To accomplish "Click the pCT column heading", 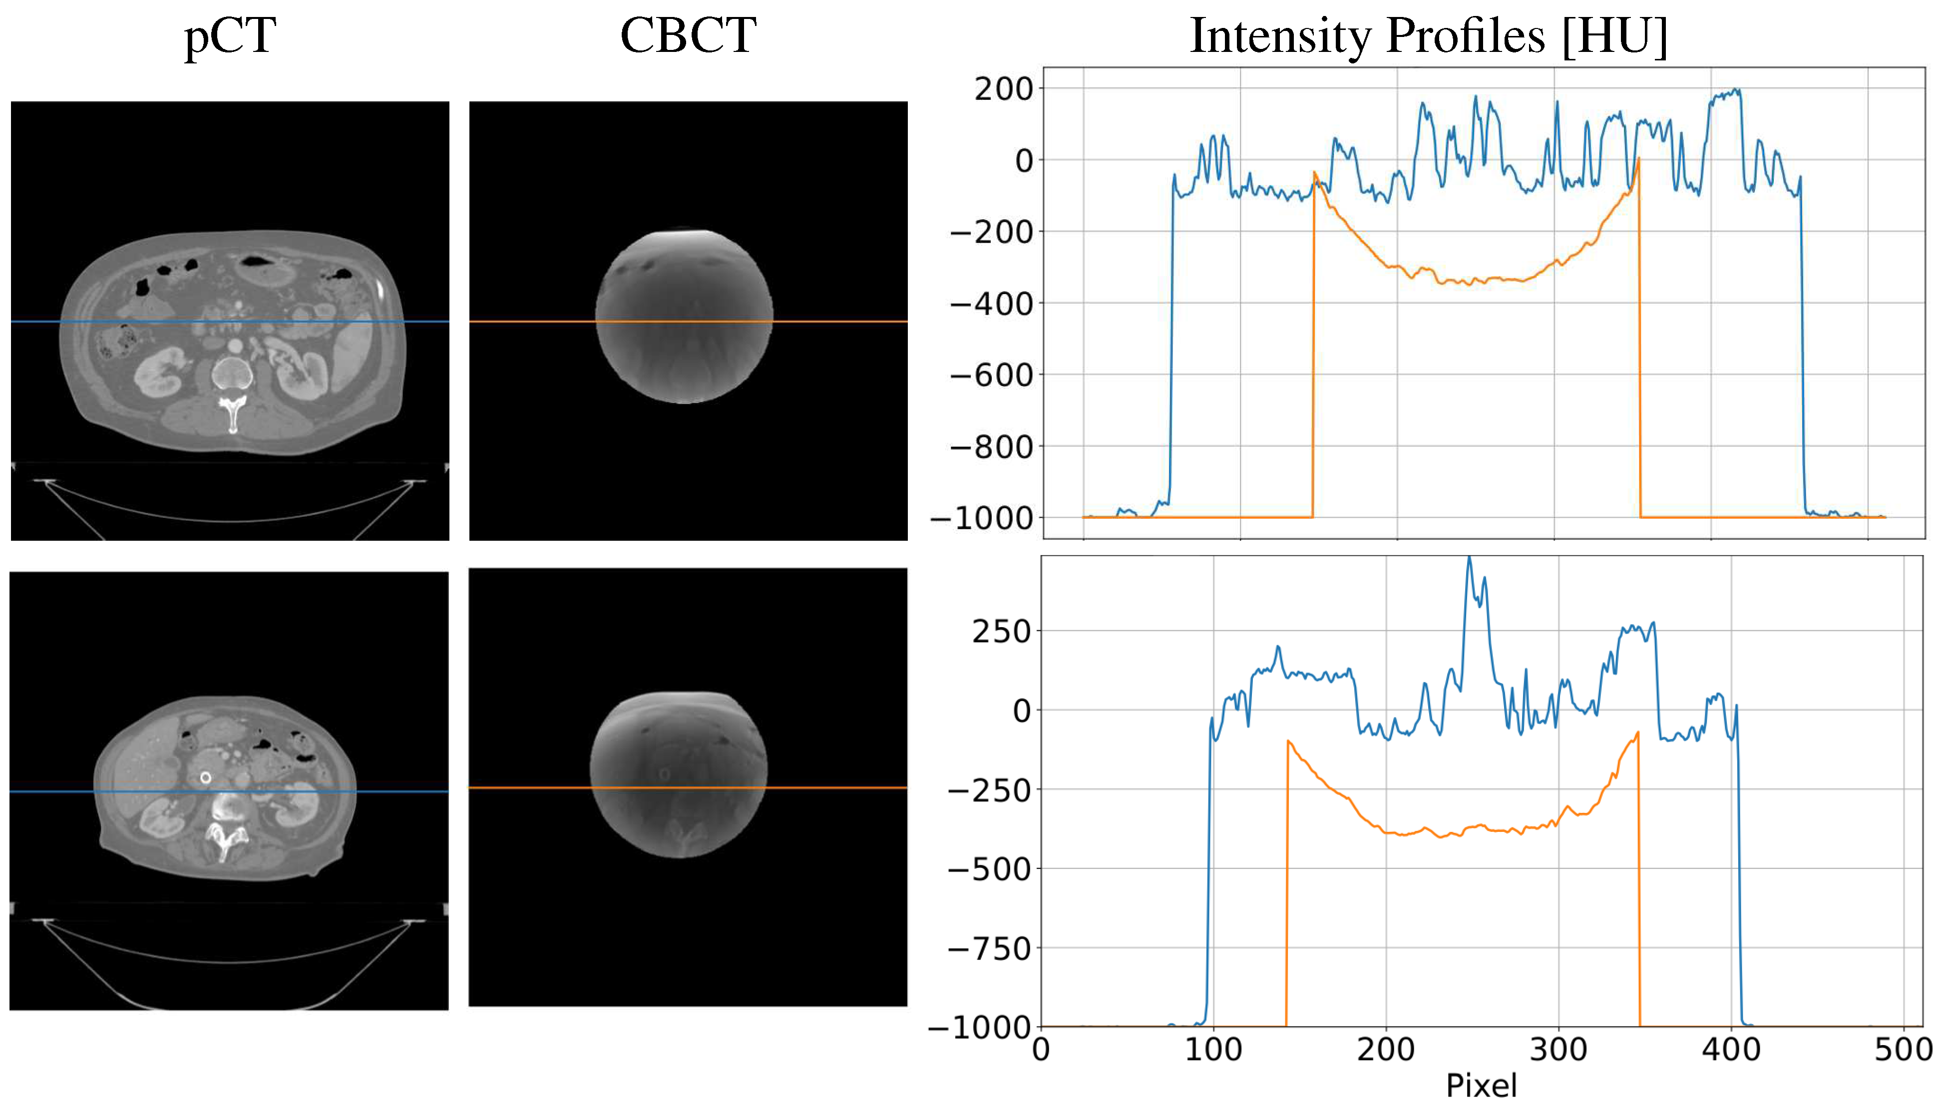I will pos(230,36).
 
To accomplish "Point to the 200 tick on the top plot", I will pos(1003,89).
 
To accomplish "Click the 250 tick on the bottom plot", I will pos(1001,632).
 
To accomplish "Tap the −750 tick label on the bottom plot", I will pos(989,949).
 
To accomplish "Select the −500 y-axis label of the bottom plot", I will pos(989,869).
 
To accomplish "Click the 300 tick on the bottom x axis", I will pos(1557,1050).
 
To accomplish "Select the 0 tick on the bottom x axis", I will pos(1041,1050).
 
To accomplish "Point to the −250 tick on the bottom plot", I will pos(989,790).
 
